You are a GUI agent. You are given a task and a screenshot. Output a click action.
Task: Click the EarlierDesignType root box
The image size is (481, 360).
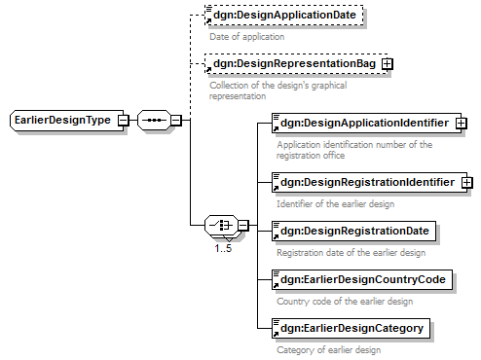click(66, 121)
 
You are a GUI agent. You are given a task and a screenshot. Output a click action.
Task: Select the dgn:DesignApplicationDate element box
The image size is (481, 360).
click(284, 15)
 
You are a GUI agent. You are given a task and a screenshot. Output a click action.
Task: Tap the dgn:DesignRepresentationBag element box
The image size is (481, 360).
click(296, 63)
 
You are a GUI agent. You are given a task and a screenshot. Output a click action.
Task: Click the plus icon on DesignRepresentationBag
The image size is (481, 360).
click(388, 64)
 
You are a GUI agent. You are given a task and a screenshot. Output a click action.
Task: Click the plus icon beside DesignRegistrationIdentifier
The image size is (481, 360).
click(467, 183)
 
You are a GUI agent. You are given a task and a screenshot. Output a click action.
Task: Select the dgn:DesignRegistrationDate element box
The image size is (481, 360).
click(353, 231)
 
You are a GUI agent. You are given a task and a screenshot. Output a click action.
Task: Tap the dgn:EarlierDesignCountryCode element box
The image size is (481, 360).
click(362, 279)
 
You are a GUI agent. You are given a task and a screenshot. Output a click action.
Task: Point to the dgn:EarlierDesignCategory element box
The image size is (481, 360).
click(351, 328)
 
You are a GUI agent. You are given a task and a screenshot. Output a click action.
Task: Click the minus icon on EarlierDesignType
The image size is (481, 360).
click(124, 121)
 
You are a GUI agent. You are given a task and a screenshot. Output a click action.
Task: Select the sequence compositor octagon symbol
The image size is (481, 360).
click(154, 121)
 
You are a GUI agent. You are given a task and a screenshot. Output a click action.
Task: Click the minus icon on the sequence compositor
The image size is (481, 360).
click(176, 121)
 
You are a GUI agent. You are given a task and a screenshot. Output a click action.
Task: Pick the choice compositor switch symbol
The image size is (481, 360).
click(222, 225)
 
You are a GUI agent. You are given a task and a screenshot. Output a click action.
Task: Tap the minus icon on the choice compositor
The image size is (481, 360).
click(243, 225)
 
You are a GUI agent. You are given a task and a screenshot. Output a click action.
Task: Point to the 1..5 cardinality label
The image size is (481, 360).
click(223, 249)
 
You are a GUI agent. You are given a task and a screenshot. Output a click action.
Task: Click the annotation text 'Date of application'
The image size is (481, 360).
click(247, 37)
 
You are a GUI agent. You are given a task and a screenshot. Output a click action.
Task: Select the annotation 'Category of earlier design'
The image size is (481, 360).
click(329, 350)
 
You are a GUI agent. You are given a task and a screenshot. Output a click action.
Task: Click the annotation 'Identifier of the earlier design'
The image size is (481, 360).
click(336, 204)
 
